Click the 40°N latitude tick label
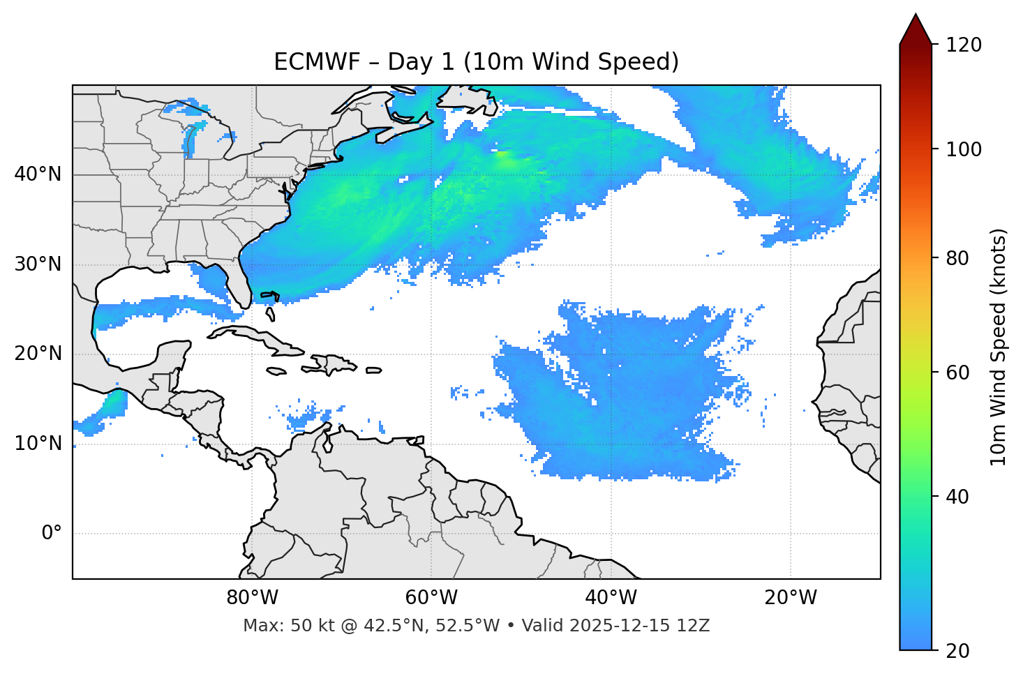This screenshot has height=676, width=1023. (38, 174)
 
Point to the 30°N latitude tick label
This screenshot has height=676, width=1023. (38, 264)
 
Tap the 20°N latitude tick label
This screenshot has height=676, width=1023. (38, 354)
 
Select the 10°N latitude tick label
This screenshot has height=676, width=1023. (38, 444)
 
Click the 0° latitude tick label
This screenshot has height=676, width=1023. (52, 534)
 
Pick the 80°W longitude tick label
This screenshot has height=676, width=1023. (252, 598)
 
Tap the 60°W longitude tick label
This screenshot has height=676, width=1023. (431, 598)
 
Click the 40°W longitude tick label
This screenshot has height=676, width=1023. (611, 598)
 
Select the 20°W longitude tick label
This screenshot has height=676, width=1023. (791, 598)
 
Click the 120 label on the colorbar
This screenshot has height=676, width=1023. (963, 45)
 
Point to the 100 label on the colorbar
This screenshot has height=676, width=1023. (963, 149)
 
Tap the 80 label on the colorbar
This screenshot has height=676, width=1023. (958, 258)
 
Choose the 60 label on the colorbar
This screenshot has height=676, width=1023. (958, 373)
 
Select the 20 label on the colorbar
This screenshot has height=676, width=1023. (958, 651)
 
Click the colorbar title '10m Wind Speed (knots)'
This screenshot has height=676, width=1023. (999, 347)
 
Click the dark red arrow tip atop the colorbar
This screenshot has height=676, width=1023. (916, 28)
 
